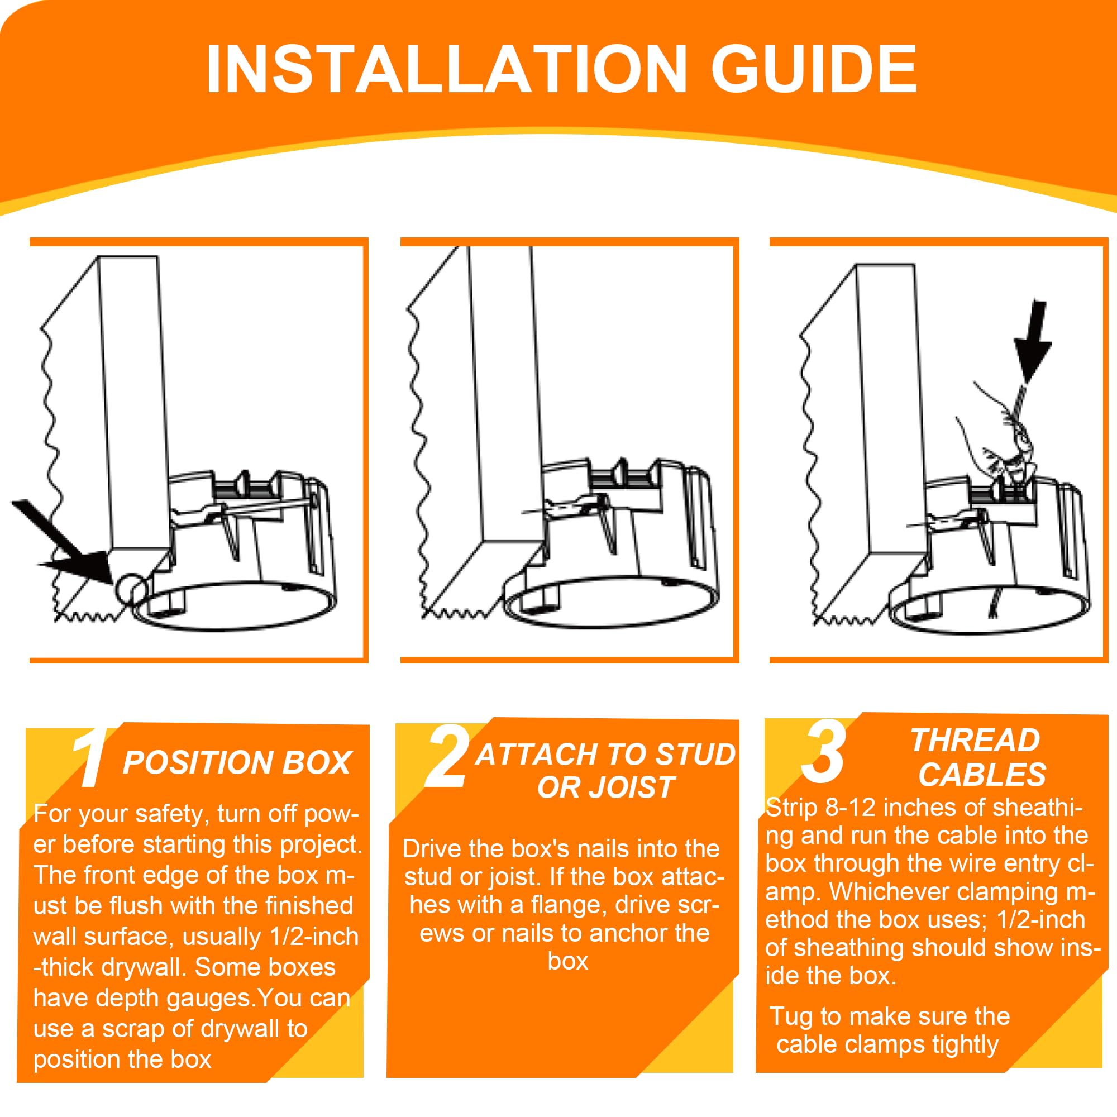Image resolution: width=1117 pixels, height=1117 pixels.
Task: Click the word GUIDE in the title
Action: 814,69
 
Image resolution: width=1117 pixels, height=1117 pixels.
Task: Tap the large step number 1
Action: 89,758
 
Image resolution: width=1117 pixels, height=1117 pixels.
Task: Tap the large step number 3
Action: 824,752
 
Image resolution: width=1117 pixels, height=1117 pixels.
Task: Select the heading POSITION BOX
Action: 237,762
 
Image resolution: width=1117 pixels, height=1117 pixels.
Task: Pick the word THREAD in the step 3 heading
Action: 975,741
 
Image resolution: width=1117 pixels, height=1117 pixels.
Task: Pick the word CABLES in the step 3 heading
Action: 982,775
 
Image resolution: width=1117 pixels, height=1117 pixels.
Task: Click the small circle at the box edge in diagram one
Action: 132,590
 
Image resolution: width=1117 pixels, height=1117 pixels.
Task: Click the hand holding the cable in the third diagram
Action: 1000,445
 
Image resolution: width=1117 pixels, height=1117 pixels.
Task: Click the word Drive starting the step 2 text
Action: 428,849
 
